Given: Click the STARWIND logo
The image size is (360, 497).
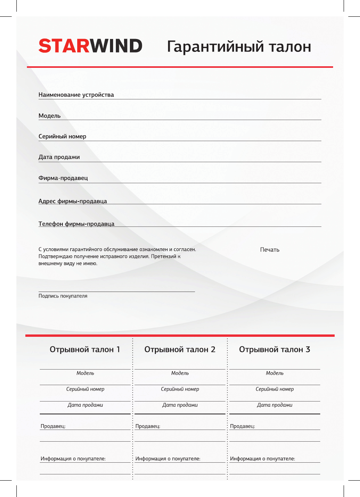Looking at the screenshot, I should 90,46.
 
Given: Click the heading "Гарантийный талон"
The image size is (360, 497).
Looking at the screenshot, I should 239,47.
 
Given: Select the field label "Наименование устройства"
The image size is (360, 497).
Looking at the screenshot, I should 76,95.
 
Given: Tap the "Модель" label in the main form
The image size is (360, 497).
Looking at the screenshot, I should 50,116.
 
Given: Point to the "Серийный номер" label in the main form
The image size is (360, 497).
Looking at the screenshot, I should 62,136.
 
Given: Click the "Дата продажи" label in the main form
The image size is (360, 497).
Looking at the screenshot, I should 59,157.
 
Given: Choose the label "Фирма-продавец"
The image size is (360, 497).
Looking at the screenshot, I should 63,178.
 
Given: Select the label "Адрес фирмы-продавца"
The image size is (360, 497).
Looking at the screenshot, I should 73,201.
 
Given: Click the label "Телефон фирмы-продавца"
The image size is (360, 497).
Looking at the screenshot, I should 76,224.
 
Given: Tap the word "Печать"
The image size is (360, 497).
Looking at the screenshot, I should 270,249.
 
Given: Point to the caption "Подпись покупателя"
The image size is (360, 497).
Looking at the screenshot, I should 63,296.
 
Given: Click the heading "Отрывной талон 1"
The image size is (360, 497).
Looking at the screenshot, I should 85,349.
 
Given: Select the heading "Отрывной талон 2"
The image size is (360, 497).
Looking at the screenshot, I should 180,349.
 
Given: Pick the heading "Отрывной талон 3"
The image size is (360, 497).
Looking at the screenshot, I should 275,349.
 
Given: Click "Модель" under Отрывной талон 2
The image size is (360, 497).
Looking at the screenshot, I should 180,373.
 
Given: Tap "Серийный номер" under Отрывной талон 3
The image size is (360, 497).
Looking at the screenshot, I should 275,389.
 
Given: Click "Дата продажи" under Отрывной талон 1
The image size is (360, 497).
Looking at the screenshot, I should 85,405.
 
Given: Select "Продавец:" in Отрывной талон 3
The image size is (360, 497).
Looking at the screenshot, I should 243,426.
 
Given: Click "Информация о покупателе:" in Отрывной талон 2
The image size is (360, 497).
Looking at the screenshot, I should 168,459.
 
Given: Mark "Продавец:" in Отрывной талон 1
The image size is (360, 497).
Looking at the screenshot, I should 53,426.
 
